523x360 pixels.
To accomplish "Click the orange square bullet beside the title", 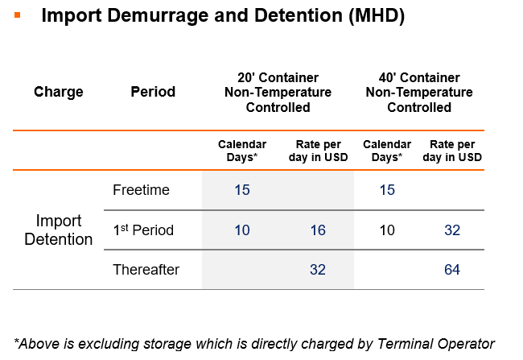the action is tap(18, 15).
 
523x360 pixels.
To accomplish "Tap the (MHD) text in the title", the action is tap(377, 15).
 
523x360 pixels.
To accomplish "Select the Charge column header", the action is tap(59, 92).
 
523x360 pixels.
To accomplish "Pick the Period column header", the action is tap(153, 92).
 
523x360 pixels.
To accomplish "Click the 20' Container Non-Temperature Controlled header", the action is tap(278, 93).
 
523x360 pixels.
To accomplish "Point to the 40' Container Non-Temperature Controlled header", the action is tap(419, 93).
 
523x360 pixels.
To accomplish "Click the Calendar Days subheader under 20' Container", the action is tap(242, 151).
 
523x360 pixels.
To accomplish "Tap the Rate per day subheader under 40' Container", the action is tap(452, 151).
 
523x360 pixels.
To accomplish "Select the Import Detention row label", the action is tap(59, 230).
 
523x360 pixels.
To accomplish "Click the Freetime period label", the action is tap(141, 190).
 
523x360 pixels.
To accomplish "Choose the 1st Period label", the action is tap(143, 230).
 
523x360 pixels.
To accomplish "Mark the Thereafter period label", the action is tap(146, 270).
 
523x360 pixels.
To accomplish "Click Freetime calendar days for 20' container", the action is tap(242, 190).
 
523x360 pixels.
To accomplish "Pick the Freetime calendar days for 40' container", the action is tap(387, 190).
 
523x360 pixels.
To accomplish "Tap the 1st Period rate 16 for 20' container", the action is tap(318, 230).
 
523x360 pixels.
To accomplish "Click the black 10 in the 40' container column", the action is tap(387, 230).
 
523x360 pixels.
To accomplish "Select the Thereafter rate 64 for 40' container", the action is tap(452, 270).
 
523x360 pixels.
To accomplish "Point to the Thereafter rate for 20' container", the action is tap(318, 270).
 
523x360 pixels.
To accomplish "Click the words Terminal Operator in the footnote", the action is tap(436, 344).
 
